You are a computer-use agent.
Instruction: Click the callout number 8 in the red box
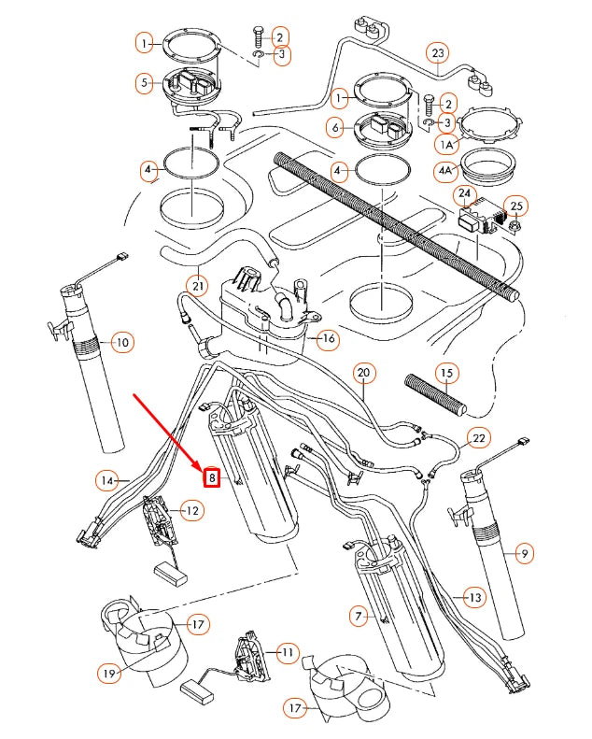pyautogui.click(x=212, y=477)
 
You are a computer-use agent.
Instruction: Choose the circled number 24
pyautogui.click(x=464, y=194)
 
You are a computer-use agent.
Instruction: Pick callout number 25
pyautogui.click(x=516, y=205)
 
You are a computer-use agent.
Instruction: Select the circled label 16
pyautogui.click(x=328, y=338)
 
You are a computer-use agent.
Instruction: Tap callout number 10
pyautogui.click(x=120, y=343)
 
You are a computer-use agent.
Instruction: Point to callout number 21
pyautogui.click(x=197, y=285)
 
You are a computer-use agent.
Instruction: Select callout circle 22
pyautogui.click(x=477, y=438)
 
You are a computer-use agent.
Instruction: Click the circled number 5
pyautogui.click(x=145, y=83)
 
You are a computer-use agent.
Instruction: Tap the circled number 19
pyautogui.click(x=110, y=672)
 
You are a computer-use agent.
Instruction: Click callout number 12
pyautogui.click(x=191, y=510)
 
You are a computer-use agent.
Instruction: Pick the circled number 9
pyautogui.click(x=525, y=554)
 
